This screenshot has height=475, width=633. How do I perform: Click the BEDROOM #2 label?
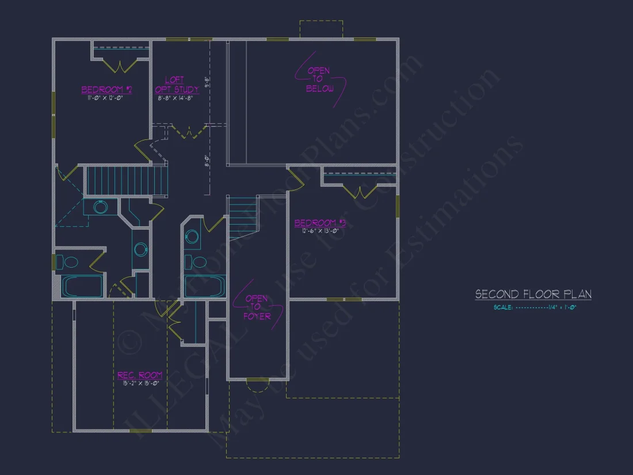107,90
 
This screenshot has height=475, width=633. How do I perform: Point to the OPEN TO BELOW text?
319,79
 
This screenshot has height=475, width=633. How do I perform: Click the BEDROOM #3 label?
320,223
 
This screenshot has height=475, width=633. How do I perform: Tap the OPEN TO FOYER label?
257,307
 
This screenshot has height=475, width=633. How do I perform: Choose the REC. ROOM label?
140,375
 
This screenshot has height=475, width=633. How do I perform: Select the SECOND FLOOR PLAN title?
533,294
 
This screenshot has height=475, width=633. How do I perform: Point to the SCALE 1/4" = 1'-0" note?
535,307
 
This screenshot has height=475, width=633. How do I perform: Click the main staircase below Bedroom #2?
126,180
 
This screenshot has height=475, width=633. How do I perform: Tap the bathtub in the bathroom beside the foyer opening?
205,286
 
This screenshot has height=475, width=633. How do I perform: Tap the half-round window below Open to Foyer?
257,385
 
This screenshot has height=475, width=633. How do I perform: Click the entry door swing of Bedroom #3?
296,178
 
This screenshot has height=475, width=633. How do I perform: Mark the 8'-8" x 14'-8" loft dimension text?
175,98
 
